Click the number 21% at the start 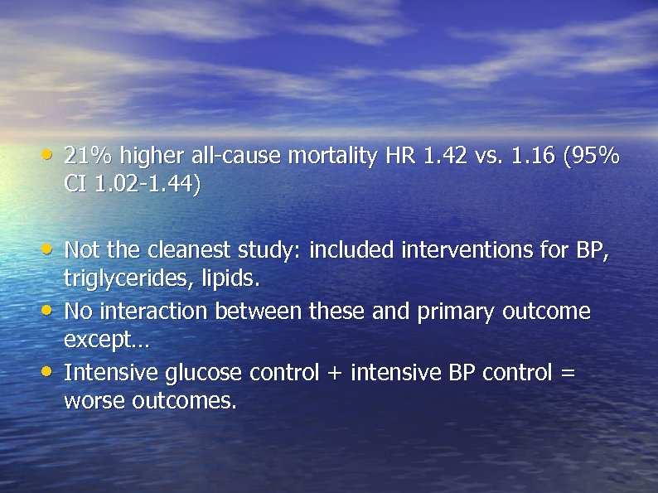[x=89, y=155]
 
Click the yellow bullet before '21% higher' [x=51, y=154]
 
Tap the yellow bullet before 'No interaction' [x=51, y=310]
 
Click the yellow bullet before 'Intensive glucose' [x=51, y=371]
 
